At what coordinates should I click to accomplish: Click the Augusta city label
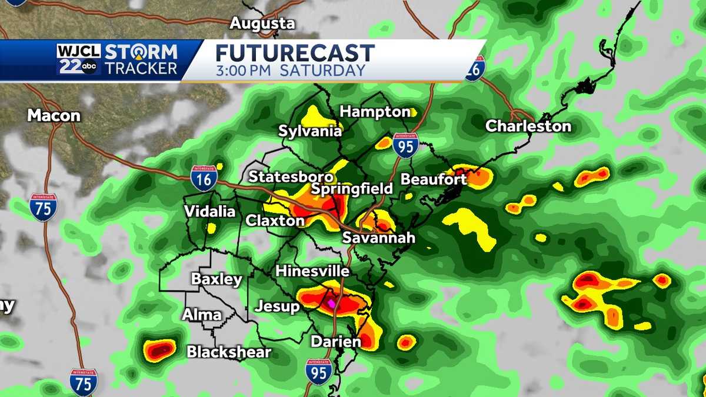(x=262, y=24)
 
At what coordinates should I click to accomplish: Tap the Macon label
(x=54, y=115)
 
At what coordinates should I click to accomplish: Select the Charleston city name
(x=528, y=126)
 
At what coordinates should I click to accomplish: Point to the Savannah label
(x=379, y=238)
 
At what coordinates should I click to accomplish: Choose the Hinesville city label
(x=312, y=271)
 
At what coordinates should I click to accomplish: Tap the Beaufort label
(x=434, y=179)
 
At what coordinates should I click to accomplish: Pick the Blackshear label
(x=229, y=352)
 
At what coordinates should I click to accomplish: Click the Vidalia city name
(x=210, y=211)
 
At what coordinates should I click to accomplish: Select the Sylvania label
(x=309, y=131)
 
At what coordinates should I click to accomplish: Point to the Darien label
(x=335, y=342)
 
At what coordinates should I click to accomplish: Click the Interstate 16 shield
(x=204, y=177)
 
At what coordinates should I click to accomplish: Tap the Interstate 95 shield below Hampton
(x=405, y=145)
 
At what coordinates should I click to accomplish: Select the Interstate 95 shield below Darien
(x=318, y=371)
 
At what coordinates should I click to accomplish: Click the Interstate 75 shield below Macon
(x=44, y=206)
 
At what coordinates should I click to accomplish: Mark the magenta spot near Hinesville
(x=331, y=303)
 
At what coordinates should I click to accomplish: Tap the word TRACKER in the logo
(x=141, y=68)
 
